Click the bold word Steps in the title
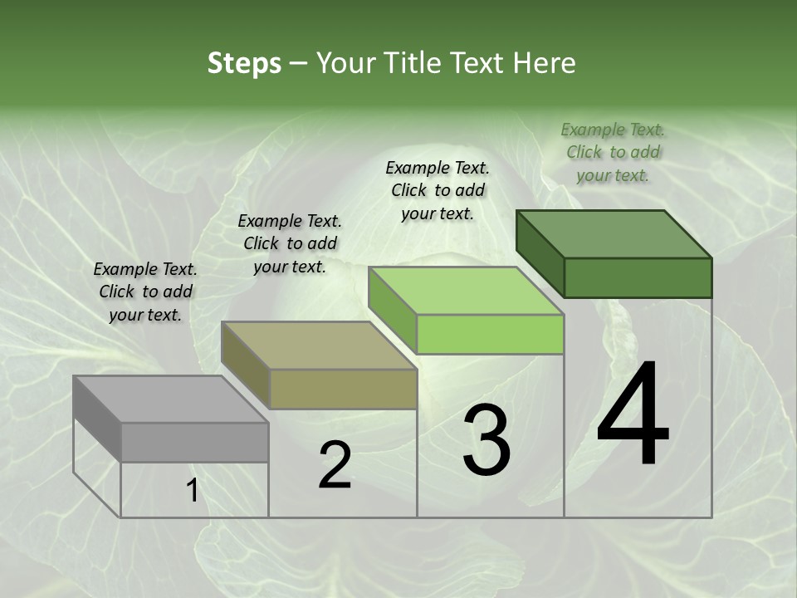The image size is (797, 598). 244,63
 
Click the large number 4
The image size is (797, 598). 633,414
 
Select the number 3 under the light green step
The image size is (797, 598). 487,440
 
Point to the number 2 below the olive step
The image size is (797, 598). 335,465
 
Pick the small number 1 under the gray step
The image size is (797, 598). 192,491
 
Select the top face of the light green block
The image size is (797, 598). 466,291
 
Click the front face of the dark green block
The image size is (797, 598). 638,277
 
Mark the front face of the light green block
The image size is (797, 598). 490,334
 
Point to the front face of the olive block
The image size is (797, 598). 343,389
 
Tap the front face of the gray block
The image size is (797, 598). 194,442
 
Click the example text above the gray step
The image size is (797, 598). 145,292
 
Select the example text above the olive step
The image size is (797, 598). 290,243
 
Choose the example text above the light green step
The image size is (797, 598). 438,190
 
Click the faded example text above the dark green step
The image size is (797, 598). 613,152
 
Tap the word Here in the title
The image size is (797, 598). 545,63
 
